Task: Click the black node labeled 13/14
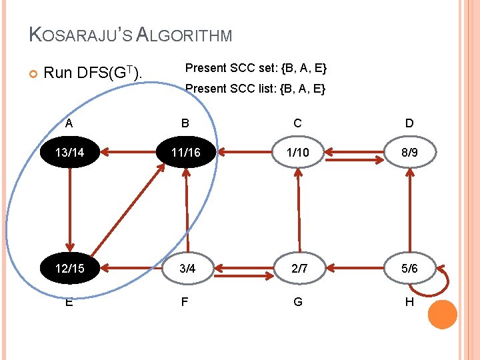click(70, 153)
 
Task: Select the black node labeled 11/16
click(185, 153)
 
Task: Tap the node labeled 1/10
click(297, 153)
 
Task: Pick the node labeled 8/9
click(409, 153)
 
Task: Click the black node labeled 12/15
click(70, 269)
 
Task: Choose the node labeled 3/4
click(185, 269)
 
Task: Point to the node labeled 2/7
click(297, 269)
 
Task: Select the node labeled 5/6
click(409, 269)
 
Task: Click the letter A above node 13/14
click(69, 123)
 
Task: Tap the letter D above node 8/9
click(409, 123)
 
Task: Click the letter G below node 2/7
click(297, 302)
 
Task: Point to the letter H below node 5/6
click(409, 302)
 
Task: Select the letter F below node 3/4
click(185, 301)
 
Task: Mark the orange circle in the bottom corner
click(442, 315)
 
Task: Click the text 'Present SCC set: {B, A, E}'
click(255, 69)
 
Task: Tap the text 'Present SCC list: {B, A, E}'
click(255, 89)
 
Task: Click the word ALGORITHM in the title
click(184, 35)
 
